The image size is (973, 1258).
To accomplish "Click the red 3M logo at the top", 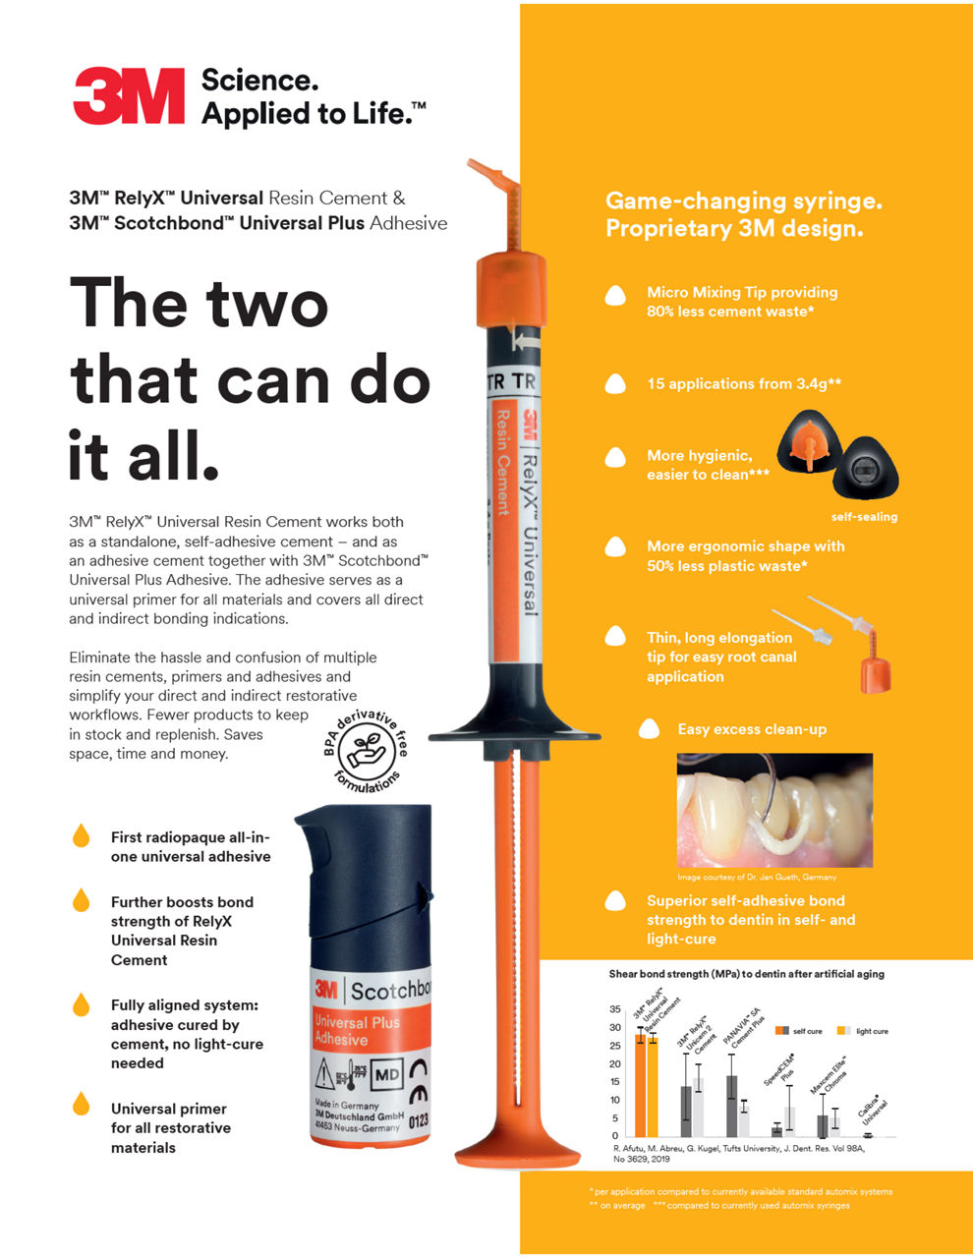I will click(x=129, y=96).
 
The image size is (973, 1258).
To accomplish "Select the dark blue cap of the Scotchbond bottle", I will click(x=364, y=885).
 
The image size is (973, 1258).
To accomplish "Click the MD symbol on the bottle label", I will click(x=387, y=1074).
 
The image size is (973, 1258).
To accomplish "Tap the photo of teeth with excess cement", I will click(x=774, y=811).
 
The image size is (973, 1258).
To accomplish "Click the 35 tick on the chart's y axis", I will click(x=615, y=1009).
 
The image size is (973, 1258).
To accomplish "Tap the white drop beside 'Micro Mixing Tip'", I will click(x=615, y=295).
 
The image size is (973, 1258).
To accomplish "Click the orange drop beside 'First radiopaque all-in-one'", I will click(x=81, y=836).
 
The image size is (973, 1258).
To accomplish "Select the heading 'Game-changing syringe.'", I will click(x=743, y=201).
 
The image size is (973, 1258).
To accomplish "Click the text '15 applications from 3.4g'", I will click(x=743, y=384).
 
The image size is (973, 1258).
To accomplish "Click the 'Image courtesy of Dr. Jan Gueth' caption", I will click(x=757, y=877).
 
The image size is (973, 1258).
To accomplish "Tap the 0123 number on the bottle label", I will click(x=419, y=1120).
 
